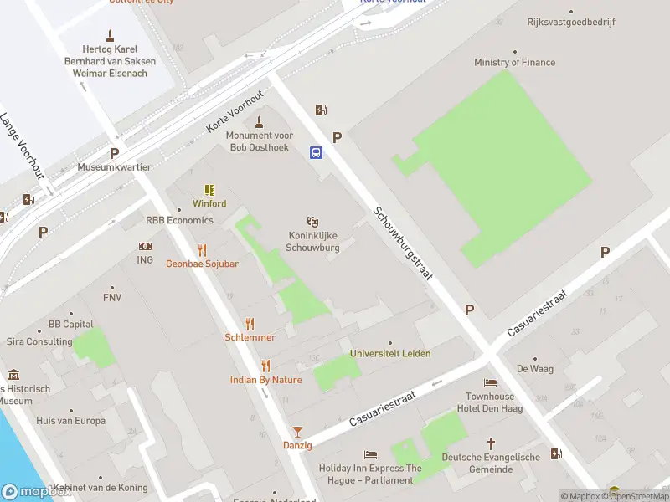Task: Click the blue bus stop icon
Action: pos(317,152)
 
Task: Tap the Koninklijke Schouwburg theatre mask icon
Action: pos(312,222)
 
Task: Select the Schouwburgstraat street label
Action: pos(403,243)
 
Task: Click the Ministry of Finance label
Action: pos(514,63)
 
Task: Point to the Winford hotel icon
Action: pos(209,191)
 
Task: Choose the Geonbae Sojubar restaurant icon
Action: pos(202,250)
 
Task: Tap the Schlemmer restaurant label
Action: pos(250,337)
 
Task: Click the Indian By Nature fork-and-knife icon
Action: pos(265,366)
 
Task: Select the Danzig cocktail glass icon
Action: pos(296,432)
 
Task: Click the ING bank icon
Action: pos(146,247)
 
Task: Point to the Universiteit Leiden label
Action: pos(390,354)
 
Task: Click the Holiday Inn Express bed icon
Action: pos(370,455)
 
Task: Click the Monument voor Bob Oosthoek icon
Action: pos(260,122)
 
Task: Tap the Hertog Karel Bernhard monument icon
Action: pos(109,35)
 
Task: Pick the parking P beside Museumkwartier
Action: pos(114,153)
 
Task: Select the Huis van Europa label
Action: pos(71,421)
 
